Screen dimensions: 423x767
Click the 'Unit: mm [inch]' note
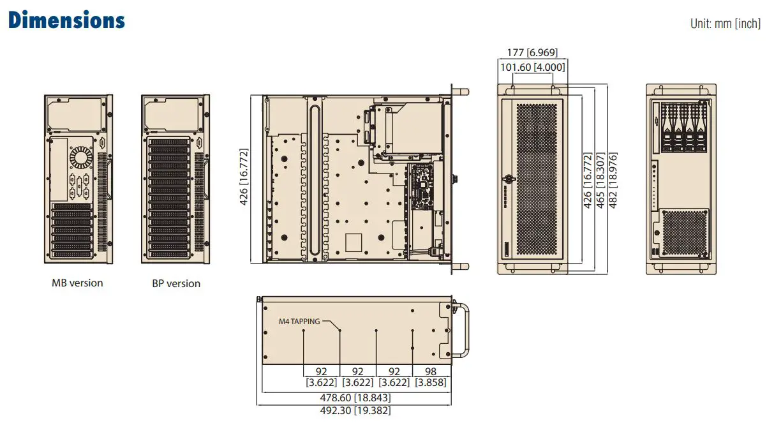[x=725, y=24]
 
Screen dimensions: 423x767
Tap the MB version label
[x=77, y=283]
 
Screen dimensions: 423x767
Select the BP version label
[x=176, y=283]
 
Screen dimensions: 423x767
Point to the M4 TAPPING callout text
[x=299, y=322]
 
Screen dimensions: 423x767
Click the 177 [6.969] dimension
[x=532, y=53]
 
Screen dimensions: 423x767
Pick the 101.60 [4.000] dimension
[x=532, y=66]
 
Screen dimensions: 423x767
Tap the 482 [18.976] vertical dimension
[x=614, y=181]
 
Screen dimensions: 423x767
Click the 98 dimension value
[x=430, y=371]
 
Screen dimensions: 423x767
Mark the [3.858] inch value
[x=430, y=383]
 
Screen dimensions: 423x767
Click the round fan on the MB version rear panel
[x=81, y=157]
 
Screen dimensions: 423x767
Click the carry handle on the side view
[x=465, y=332]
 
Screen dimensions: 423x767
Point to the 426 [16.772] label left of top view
[x=244, y=178]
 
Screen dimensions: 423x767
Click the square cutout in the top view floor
[x=353, y=242]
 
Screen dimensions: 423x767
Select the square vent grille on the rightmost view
[x=685, y=232]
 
